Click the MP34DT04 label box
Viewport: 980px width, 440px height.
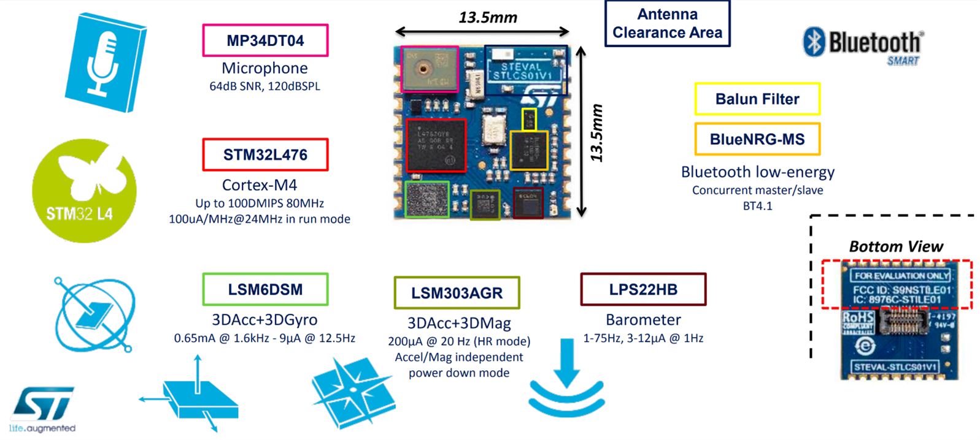tap(265, 40)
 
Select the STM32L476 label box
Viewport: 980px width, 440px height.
tap(265, 155)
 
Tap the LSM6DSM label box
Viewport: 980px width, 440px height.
tap(265, 289)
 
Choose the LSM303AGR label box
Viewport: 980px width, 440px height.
tap(457, 293)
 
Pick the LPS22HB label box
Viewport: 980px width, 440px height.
tap(643, 289)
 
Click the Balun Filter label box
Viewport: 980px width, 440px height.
tap(757, 99)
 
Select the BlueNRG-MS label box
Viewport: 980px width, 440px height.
tap(757, 140)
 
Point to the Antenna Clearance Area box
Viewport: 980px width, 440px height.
tap(667, 23)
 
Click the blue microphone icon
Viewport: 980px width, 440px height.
tap(105, 63)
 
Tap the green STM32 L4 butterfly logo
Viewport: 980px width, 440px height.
tap(84, 191)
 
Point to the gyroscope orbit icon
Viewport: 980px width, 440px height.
tap(94, 315)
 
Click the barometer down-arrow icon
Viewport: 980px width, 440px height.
tap(566, 380)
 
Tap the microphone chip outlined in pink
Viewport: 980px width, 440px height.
tap(429, 69)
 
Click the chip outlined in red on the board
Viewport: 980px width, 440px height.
tap(436, 145)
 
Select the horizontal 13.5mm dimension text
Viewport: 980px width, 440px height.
tap(488, 18)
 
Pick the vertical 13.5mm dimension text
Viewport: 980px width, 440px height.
tap(597, 133)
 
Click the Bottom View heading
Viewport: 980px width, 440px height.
tap(895, 247)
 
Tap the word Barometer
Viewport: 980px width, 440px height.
tap(643, 320)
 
